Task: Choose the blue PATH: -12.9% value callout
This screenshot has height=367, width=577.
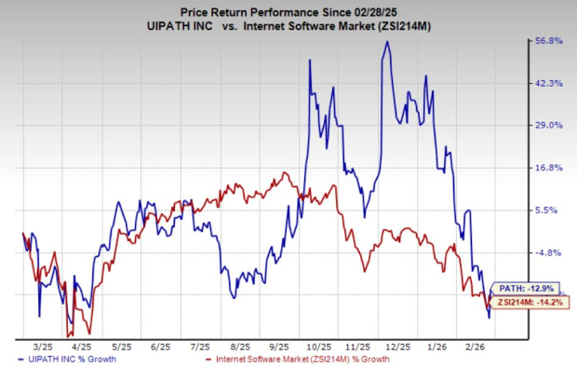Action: coord(524,288)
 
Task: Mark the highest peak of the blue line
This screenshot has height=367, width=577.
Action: coord(386,42)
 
